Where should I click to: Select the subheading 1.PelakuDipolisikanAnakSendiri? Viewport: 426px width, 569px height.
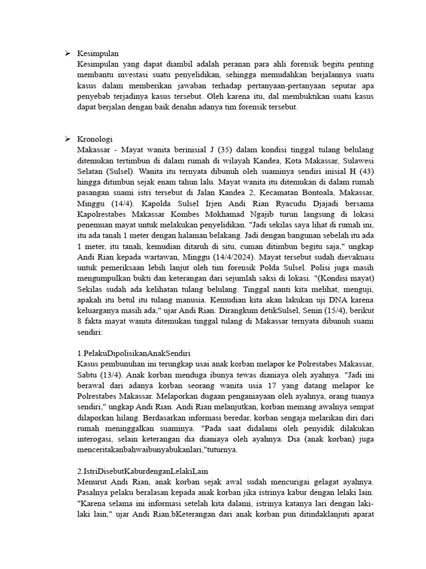click(134, 353)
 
